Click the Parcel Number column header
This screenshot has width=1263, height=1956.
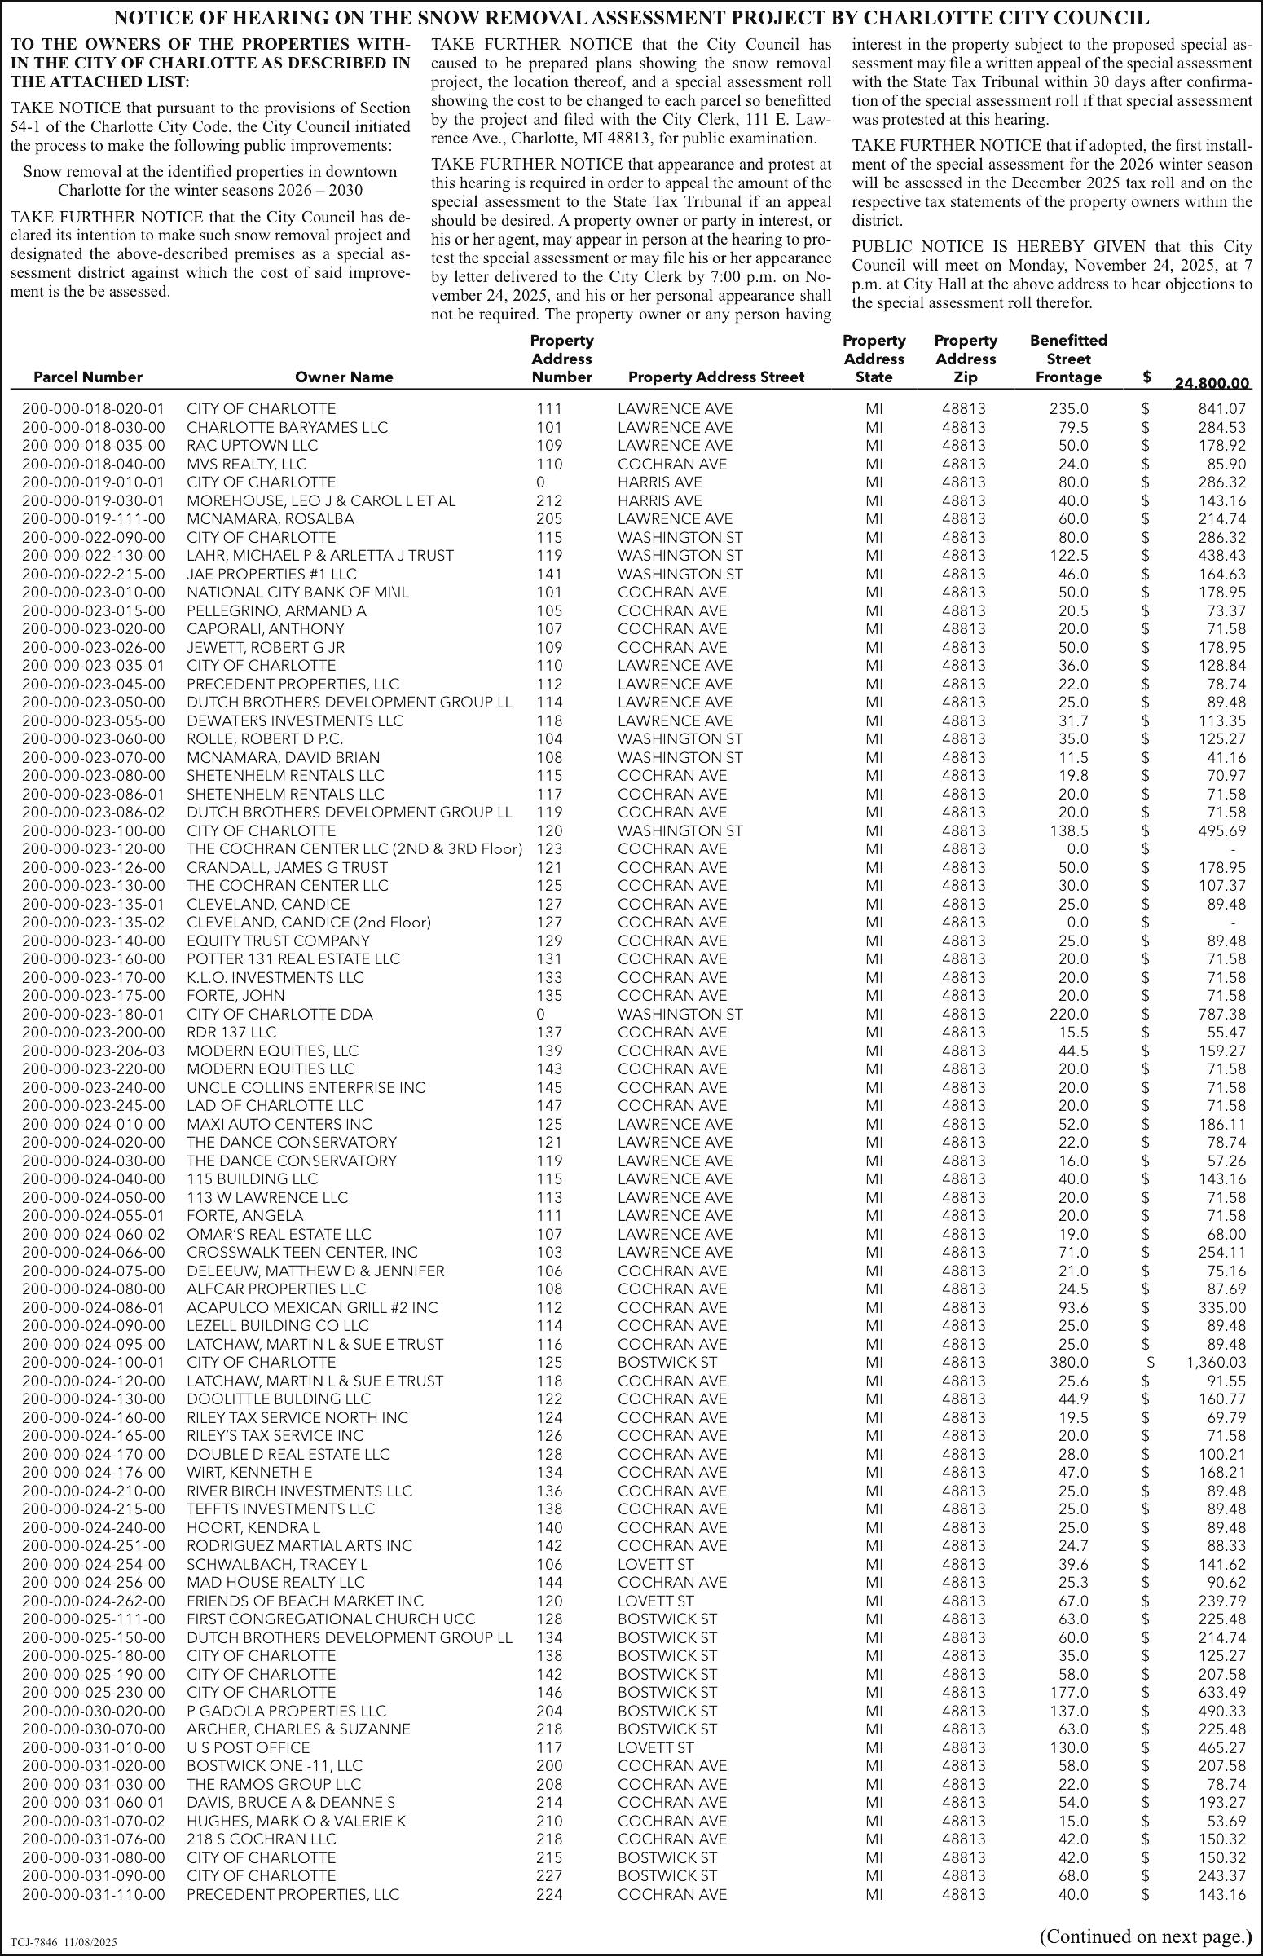[88, 377]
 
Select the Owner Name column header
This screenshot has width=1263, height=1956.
[344, 377]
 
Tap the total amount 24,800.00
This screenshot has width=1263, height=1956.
[1212, 383]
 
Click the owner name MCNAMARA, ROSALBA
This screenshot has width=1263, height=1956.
[271, 519]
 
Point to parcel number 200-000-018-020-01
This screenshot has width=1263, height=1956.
[93, 408]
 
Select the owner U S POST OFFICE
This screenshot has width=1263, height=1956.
[249, 1747]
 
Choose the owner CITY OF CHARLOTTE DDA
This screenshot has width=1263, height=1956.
[279, 1015]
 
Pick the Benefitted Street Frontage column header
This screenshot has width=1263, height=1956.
[1067, 359]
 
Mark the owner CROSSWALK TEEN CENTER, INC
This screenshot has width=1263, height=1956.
[301, 1253]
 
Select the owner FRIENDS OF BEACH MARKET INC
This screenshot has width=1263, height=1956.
[305, 1601]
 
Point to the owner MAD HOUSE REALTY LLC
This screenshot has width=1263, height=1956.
[275, 1582]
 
